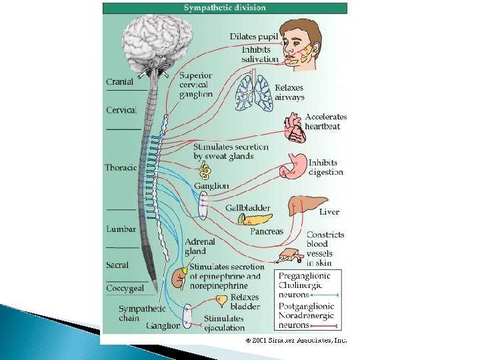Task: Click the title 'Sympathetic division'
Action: pos(225,8)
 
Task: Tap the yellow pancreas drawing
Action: pos(256,219)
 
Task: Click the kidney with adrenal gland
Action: pos(179,276)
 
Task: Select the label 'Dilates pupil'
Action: pos(255,36)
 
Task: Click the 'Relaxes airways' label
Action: pos(289,92)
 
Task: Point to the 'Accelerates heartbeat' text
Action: pos(325,122)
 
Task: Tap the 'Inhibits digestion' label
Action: pos(325,167)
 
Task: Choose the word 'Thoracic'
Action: pos(121,167)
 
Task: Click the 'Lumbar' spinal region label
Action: pos(121,229)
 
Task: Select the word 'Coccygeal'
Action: pos(125,288)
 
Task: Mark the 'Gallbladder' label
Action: pos(247,208)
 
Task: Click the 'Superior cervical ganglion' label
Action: pos(195,85)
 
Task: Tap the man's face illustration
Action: pos(299,43)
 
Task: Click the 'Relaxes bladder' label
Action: pos(245,303)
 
